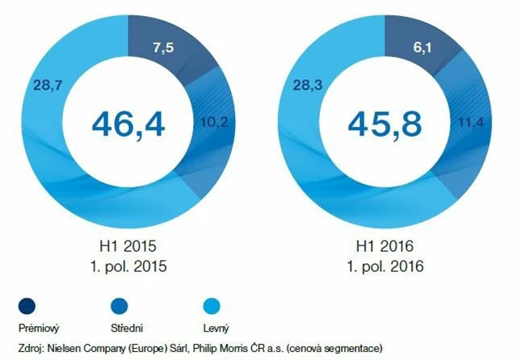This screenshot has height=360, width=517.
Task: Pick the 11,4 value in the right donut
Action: (469, 123)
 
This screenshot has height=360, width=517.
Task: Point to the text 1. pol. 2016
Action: (386, 263)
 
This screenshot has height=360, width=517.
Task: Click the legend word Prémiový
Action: (39, 328)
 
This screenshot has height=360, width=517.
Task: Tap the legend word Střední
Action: (128, 328)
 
